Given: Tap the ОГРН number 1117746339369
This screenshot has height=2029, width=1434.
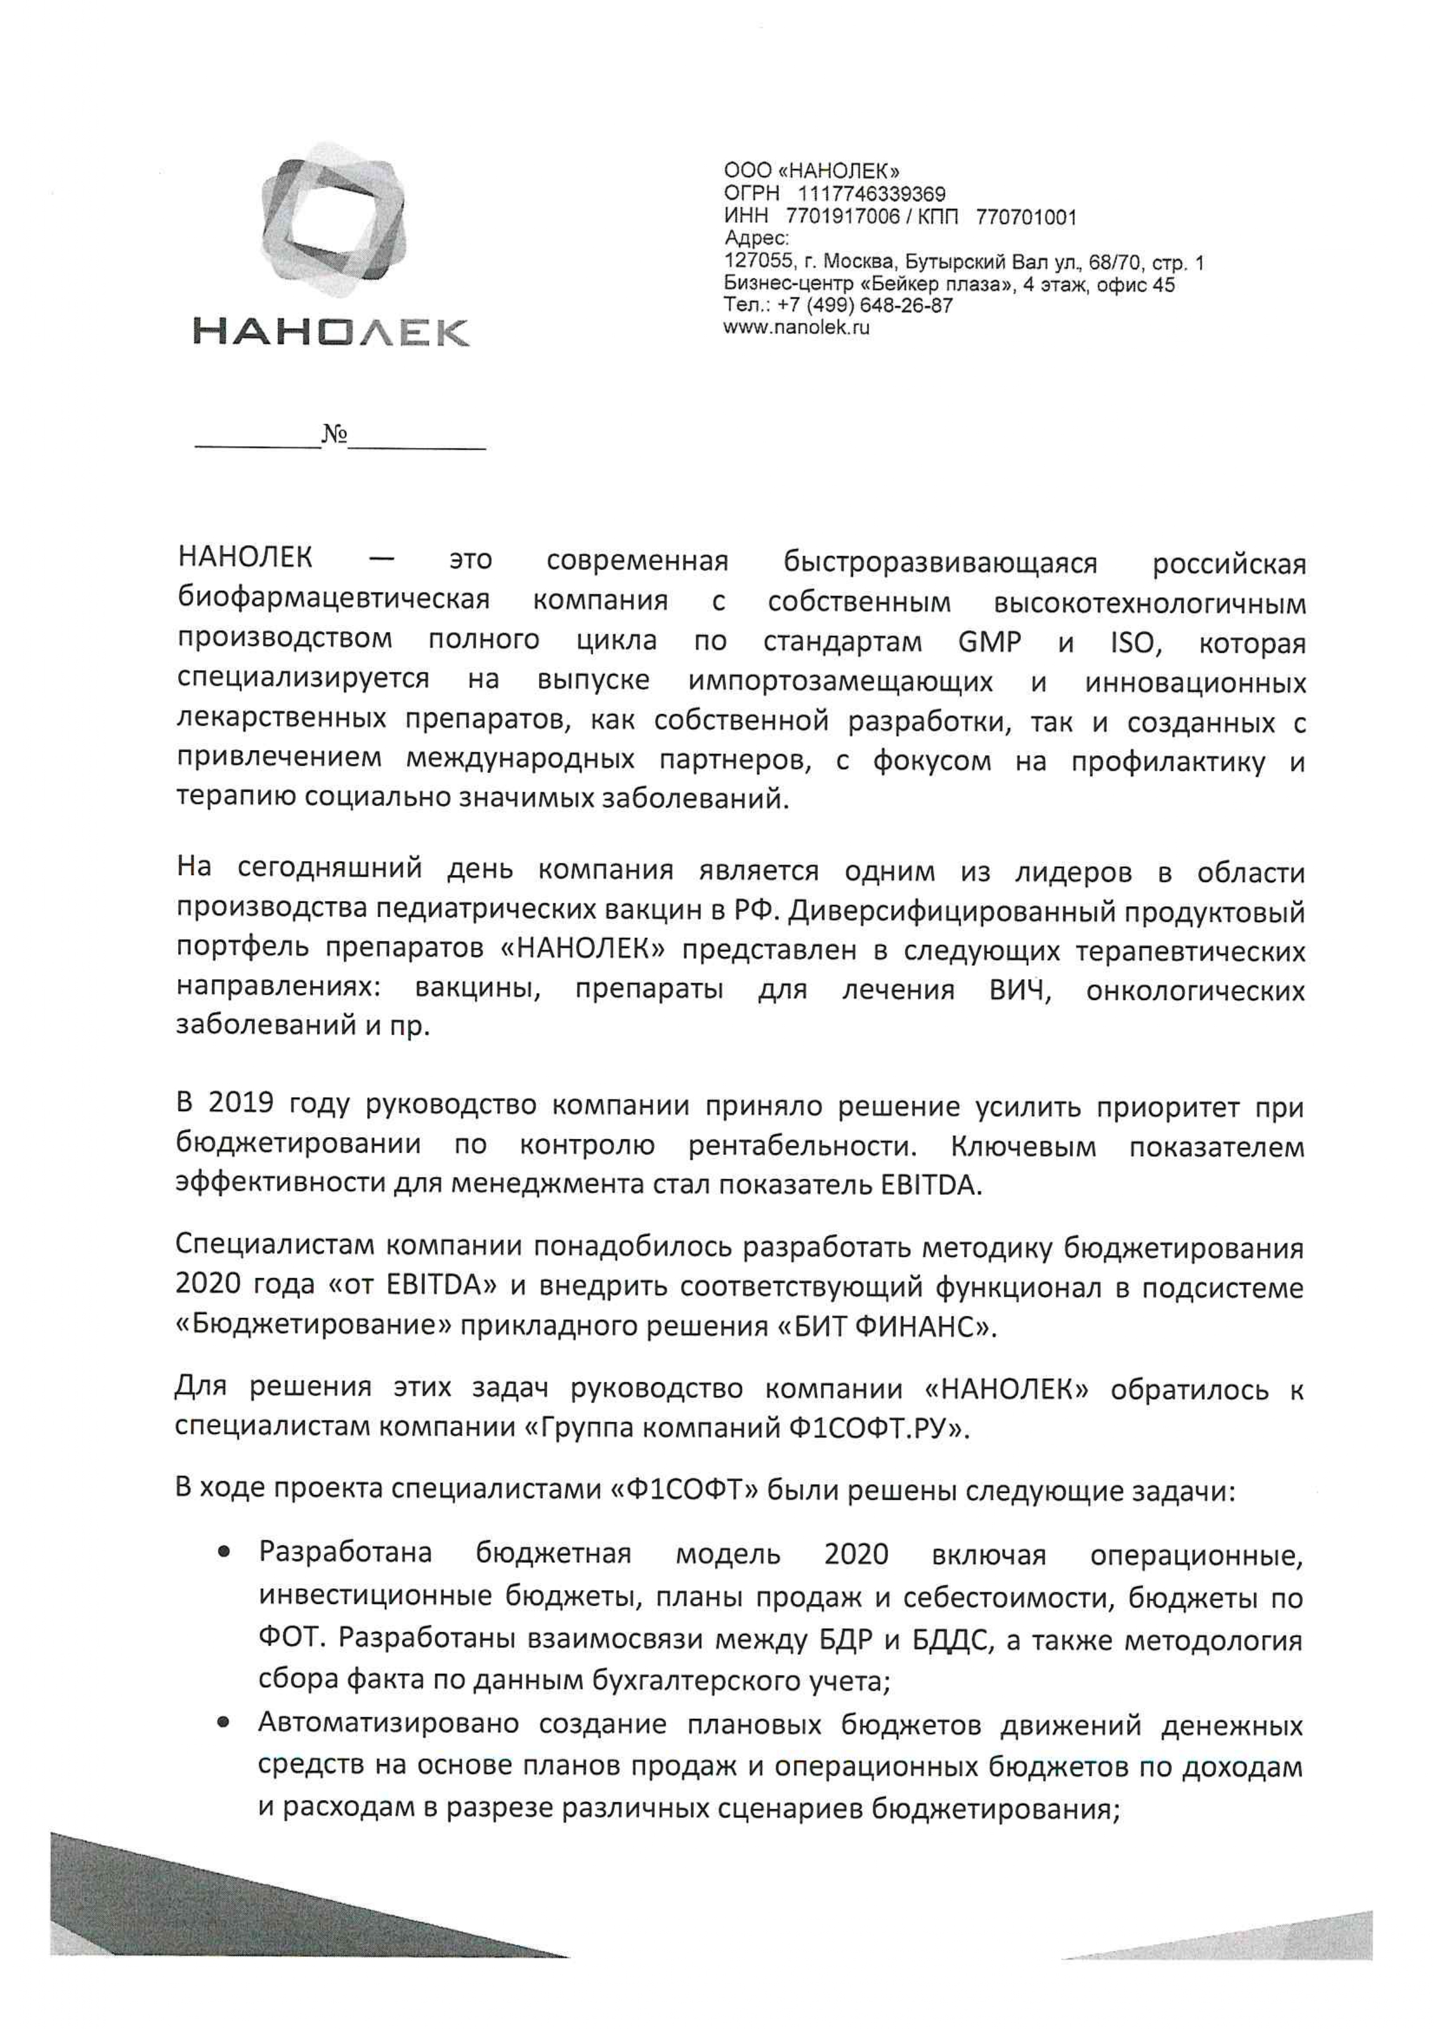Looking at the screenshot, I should click(871, 194).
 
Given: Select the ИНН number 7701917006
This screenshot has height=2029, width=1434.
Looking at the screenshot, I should click(848, 216).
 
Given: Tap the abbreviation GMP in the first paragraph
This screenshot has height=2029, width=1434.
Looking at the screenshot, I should click(989, 641).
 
